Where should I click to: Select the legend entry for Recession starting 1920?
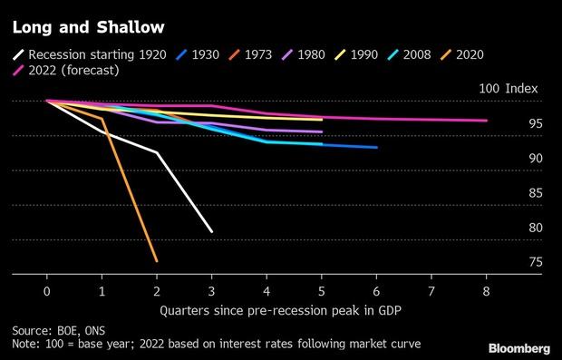89,54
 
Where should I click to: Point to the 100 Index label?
509,89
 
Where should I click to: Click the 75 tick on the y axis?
536,262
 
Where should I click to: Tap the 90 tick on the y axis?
536,158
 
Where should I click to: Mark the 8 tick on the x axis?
487,290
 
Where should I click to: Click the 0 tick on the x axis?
46,290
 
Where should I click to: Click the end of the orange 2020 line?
157,261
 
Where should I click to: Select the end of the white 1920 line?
212,232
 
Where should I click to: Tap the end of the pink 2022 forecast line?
487,121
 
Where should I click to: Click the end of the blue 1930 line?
377,147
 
